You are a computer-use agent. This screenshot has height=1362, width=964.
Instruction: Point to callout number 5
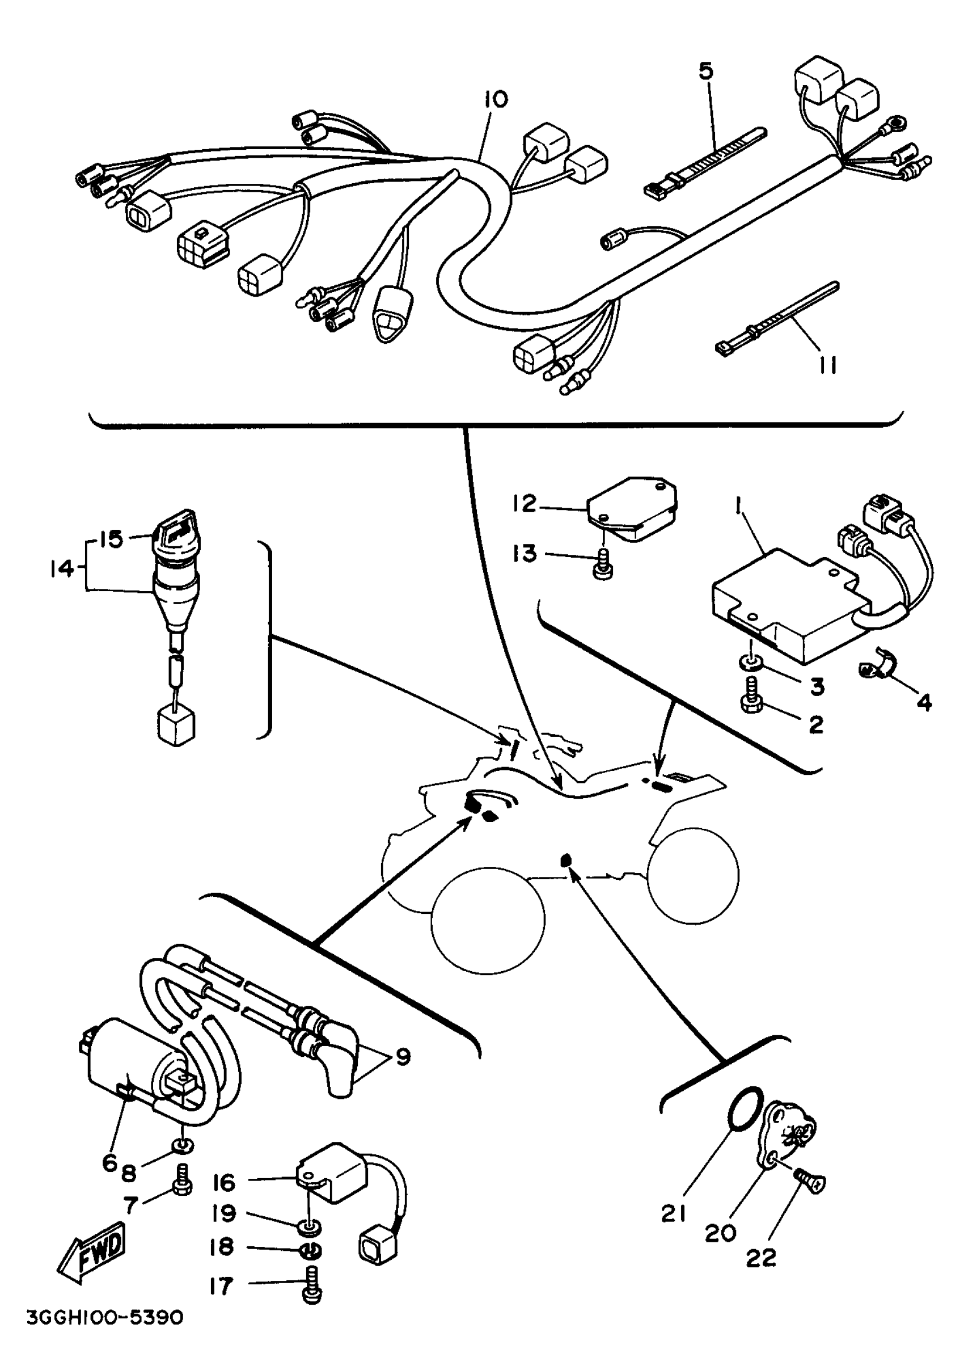tap(705, 71)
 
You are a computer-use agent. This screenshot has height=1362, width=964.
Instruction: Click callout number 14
tap(61, 568)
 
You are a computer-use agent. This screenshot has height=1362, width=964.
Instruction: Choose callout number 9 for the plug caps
tap(403, 1056)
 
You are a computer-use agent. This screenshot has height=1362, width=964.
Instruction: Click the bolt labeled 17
tap(311, 1290)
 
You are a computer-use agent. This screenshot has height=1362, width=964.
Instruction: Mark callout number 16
tap(224, 1182)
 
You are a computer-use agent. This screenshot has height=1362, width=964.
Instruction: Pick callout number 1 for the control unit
tap(738, 507)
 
